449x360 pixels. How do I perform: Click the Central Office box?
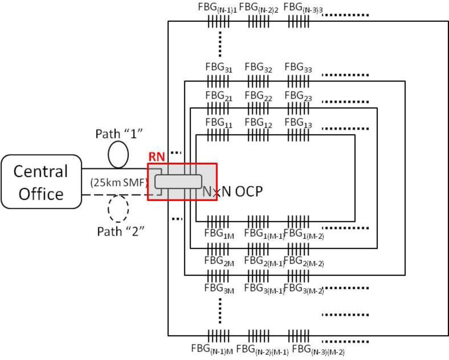coord(41,182)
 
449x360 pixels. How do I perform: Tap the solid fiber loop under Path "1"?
coord(118,155)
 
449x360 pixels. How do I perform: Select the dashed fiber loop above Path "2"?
coord(118,208)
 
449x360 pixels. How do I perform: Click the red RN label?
coord(157,157)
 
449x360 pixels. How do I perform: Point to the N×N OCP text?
coord(233,192)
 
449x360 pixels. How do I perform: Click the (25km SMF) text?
coord(119,183)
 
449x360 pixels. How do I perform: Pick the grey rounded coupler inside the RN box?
coord(178,181)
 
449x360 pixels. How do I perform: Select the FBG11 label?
coord(219,123)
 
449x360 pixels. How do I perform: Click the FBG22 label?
coord(258,96)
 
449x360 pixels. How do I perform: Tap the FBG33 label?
coord(298,68)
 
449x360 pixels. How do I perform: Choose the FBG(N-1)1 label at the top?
coord(217,8)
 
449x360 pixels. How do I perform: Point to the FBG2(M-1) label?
coord(264,261)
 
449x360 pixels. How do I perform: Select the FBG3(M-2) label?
coord(304,289)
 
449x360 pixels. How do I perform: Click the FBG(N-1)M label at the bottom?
coord(212,349)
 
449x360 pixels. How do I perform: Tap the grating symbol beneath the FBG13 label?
coord(298,135)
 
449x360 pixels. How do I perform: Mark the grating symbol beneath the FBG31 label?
coord(218,81)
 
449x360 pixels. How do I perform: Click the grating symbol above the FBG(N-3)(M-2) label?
coord(298,336)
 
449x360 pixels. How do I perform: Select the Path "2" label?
coord(121,231)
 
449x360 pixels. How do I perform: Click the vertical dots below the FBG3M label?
coord(220,311)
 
